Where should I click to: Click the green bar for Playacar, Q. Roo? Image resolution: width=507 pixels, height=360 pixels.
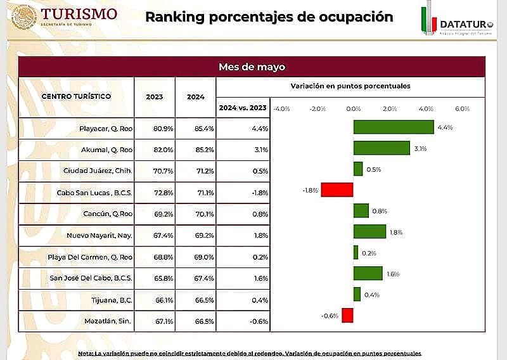[x=394, y=127]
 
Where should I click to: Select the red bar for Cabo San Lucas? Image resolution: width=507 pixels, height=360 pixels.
[x=337, y=190]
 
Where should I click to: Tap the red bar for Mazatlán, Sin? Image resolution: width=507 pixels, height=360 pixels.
[x=347, y=315]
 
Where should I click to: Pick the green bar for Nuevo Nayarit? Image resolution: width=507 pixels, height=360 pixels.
[x=369, y=232]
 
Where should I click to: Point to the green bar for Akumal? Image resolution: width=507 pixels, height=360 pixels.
[x=382, y=148]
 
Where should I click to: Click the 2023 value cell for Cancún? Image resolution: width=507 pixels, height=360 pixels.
[x=154, y=214]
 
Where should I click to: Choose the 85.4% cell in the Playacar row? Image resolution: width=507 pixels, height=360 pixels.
[x=195, y=129]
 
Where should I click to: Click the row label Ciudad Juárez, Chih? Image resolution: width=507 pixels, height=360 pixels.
[x=98, y=170]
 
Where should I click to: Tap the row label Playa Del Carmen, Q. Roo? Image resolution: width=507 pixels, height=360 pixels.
[x=90, y=257]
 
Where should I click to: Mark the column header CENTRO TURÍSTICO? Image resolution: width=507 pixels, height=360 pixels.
[x=76, y=96]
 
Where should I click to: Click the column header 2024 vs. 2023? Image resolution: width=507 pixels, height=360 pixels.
[x=243, y=108]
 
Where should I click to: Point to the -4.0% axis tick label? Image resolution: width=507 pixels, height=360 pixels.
[x=281, y=108]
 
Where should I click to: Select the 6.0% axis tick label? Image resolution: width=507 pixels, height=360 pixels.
[x=462, y=108]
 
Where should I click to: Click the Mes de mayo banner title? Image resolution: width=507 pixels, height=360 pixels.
[x=252, y=67]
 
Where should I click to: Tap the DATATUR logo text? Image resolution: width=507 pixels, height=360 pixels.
[x=466, y=24]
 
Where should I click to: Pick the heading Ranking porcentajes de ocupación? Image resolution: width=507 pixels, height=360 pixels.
[x=269, y=16]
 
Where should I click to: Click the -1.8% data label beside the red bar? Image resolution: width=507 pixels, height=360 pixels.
[x=311, y=190]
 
